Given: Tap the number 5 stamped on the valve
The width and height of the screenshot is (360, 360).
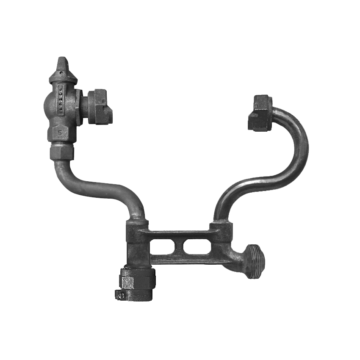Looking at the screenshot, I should tap(60, 132).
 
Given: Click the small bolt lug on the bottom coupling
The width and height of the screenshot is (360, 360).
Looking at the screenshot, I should tap(121, 295).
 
